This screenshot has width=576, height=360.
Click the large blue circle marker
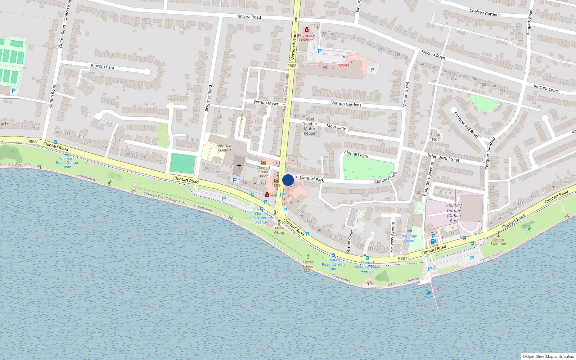click(x=288, y=180)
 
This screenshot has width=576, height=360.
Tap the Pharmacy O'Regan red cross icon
click(x=306, y=30)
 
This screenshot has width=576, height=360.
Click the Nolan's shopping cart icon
click(x=325, y=67)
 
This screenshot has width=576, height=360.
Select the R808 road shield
click(x=292, y=66)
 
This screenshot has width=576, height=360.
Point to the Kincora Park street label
click(x=103, y=67)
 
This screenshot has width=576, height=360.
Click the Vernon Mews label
click(x=266, y=103)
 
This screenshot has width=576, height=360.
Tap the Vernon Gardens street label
click(x=346, y=104)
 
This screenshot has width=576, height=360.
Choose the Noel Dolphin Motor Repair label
click(x=309, y=126)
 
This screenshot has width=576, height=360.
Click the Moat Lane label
click(x=336, y=127)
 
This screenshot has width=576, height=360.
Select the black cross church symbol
click(x=239, y=166)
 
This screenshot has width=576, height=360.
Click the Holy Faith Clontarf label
click(x=224, y=148)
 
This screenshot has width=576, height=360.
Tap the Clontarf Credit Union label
click(x=263, y=172)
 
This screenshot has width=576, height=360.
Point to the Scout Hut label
click(x=435, y=137)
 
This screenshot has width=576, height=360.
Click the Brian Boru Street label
click(x=443, y=158)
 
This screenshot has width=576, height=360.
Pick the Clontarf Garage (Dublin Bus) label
click(x=454, y=213)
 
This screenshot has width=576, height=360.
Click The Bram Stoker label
click(x=409, y=238)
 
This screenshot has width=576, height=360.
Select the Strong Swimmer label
click(x=498, y=241)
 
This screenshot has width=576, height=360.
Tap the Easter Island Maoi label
click(x=308, y=266)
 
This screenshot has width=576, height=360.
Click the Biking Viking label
click(x=279, y=230)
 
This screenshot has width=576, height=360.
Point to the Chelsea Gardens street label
click(x=485, y=13)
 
